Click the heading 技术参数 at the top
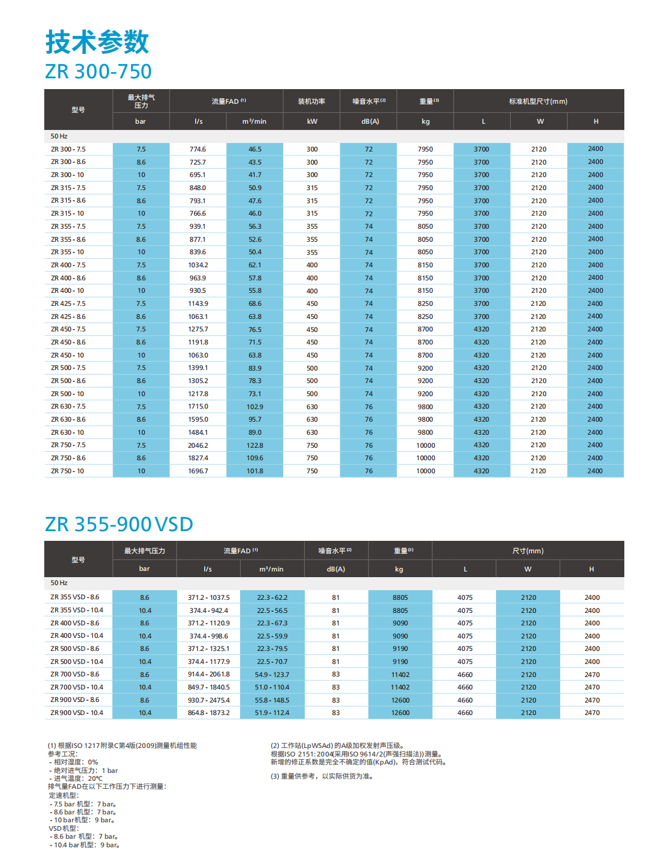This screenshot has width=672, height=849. tap(97, 42)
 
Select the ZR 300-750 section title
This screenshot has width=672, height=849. tap(98, 72)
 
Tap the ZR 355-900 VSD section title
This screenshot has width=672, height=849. tap(119, 524)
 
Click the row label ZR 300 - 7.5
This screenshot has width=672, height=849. tap(68, 149)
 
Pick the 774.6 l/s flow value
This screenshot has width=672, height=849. tap(198, 149)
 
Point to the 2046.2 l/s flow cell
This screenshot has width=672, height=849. tap(198, 445)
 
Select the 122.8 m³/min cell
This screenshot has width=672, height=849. tap(255, 445)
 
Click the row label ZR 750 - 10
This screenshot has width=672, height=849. tap(68, 471)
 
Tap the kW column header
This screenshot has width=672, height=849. tap(312, 121)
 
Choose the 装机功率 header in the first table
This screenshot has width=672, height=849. tap(312, 102)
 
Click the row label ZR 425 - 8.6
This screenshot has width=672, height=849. tap(68, 317)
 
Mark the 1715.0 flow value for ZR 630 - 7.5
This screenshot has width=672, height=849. tap(198, 407)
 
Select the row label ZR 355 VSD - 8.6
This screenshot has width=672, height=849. tap(75, 597)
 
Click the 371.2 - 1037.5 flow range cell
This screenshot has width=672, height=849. tap(209, 598)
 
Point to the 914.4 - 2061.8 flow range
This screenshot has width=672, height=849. tap(209, 675)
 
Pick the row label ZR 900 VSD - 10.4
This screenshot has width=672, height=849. tap(77, 713)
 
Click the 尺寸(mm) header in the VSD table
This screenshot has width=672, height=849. tap(528, 551)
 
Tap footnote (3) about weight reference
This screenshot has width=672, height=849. tap(322, 776)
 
